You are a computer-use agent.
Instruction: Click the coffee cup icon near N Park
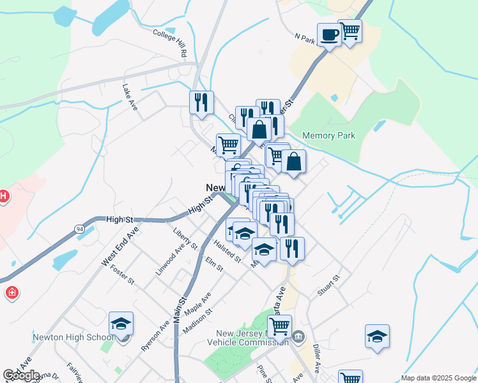coord(329,34)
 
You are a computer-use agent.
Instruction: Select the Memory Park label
coord(328,136)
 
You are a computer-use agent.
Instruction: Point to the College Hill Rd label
coord(169,40)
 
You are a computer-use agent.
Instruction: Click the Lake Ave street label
coord(130,97)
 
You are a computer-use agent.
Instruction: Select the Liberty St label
coord(185,237)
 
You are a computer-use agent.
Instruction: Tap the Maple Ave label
coord(197,303)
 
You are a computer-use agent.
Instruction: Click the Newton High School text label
coord(73,338)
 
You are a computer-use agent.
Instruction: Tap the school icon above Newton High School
coord(121,324)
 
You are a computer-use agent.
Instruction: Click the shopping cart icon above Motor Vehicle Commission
coord(279,326)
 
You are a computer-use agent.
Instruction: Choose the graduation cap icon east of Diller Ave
coord(377,336)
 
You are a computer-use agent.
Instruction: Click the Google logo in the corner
coord(22,375)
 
